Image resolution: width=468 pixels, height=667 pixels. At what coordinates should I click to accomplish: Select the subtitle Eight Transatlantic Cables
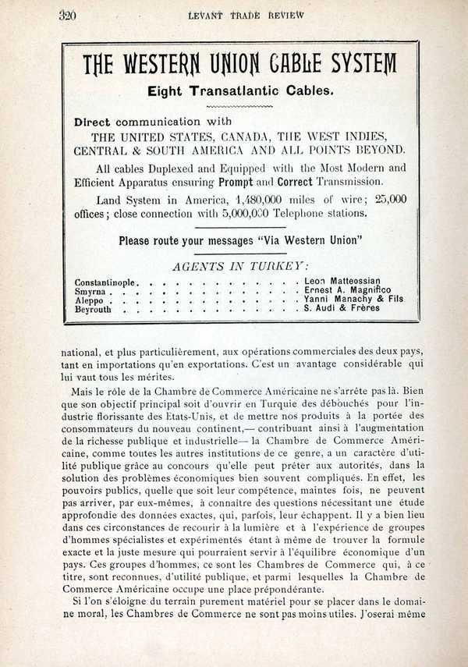240,90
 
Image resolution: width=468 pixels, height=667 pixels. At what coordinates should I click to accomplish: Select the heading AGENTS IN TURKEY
240,266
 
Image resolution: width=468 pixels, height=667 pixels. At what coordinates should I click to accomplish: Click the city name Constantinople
106,282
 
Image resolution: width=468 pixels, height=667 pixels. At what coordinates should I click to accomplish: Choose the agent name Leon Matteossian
342,281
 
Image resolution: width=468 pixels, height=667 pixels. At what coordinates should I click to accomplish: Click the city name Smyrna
90,291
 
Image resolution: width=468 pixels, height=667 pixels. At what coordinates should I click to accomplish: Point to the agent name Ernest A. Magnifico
348,290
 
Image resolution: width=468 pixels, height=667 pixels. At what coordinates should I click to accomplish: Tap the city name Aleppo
89,300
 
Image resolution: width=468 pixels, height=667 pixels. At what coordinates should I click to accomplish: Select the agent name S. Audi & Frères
342,308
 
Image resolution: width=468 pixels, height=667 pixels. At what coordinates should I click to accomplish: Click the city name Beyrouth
93,310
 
